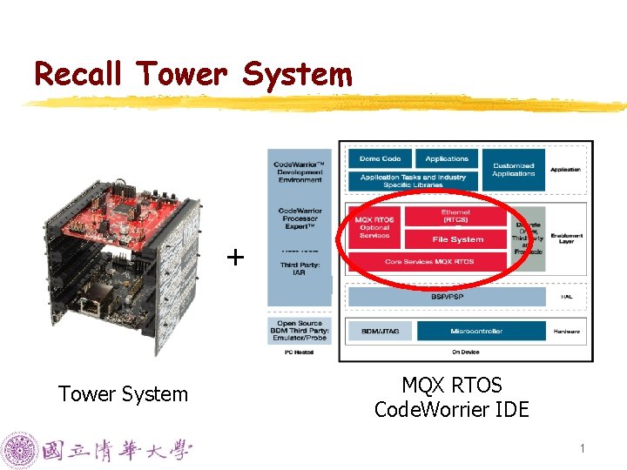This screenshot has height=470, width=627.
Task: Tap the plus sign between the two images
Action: point(235,258)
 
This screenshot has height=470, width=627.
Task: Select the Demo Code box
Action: point(380,159)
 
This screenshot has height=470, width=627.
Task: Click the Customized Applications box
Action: point(513,169)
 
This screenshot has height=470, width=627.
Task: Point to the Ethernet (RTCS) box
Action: point(456,217)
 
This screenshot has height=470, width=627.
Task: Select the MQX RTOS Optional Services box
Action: point(375,227)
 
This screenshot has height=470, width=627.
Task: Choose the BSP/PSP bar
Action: point(447,297)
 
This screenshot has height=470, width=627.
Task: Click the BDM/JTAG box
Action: point(379,332)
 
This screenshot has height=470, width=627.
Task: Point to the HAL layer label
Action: point(566,297)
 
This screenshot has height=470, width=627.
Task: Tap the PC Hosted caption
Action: point(299,352)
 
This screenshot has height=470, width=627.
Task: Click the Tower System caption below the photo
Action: point(123,394)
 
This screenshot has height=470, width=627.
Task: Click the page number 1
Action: point(583,449)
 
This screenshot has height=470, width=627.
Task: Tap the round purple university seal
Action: point(18,451)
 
